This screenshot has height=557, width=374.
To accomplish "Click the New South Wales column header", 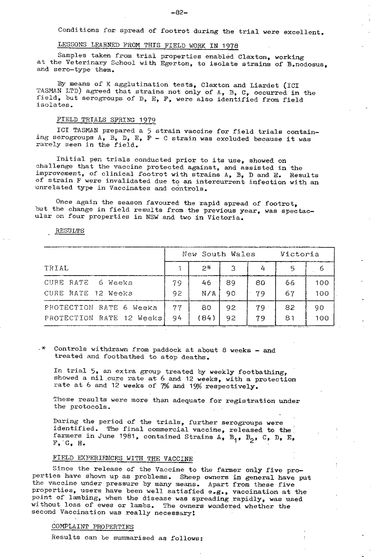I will pos(219,254).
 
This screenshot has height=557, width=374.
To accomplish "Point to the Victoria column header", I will pos(300,254).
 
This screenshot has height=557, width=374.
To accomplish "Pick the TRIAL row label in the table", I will pos(57,268).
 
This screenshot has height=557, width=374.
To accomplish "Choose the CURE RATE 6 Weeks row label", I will pos(89,283).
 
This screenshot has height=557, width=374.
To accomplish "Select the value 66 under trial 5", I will pos(290,283).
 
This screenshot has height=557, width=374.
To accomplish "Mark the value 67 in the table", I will pos(290,293).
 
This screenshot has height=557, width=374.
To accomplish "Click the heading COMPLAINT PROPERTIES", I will pos(93,527).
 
